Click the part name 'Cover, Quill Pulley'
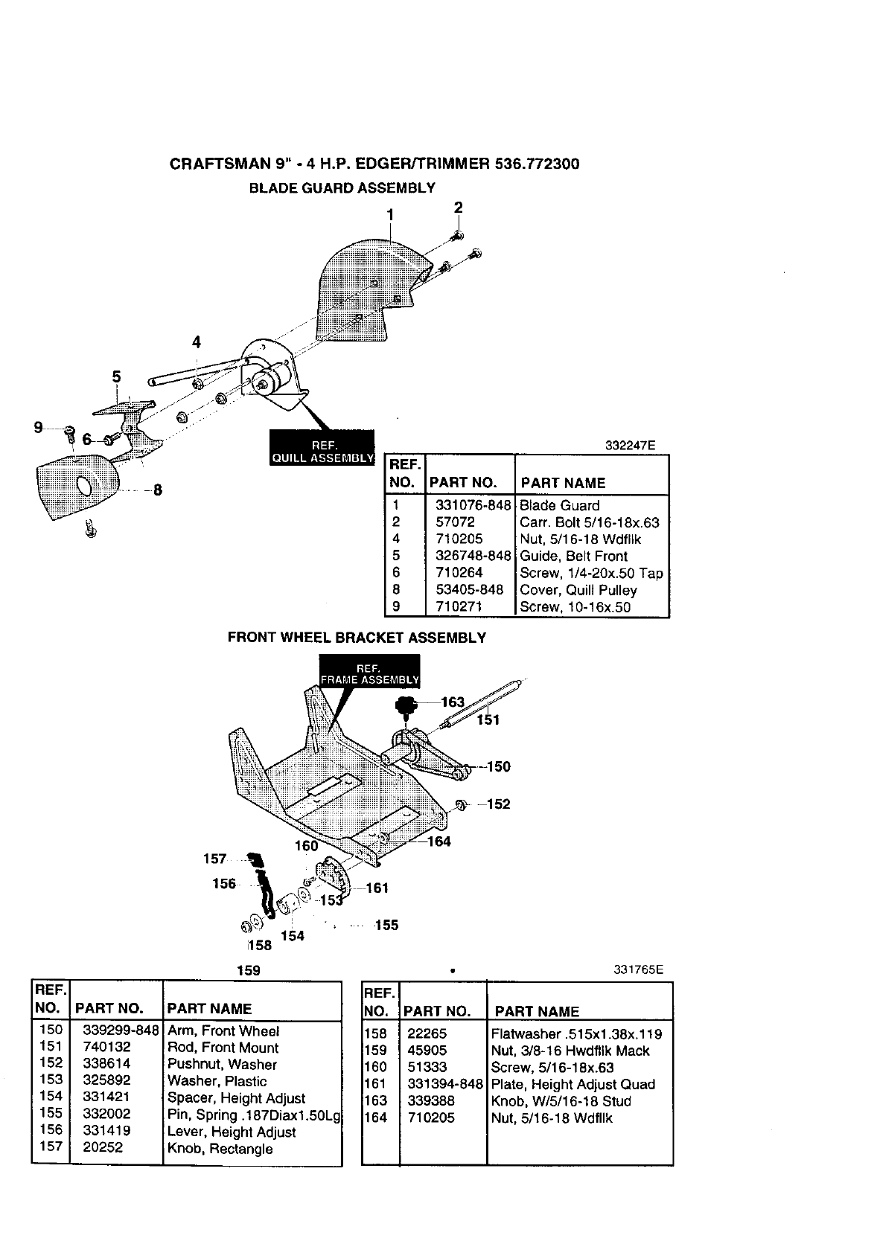pyautogui.click(x=578, y=590)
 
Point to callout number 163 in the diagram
pyautogui.click(x=453, y=702)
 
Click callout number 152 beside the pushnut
pyautogui.click(x=499, y=804)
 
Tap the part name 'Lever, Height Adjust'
pyautogui.click(x=232, y=1132)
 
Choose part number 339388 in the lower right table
pyautogui.click(x=431, y=1100)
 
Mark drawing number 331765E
pyautogui.click(x=638, y=970)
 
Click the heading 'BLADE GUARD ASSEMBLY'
pyautogui.click(x=342, y=187)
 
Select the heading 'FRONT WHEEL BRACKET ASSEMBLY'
pyautogui.click(x=357, y=638)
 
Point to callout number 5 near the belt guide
pyautogui.click(x=116, y=376)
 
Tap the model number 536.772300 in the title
pyautogui.click(x=537, y=164)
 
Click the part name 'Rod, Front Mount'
pyautogui.click(x=223, y=1048)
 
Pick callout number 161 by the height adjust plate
pyautogui.click(x=377, y=888)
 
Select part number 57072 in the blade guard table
pyautogui.click(x=455, y=522)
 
